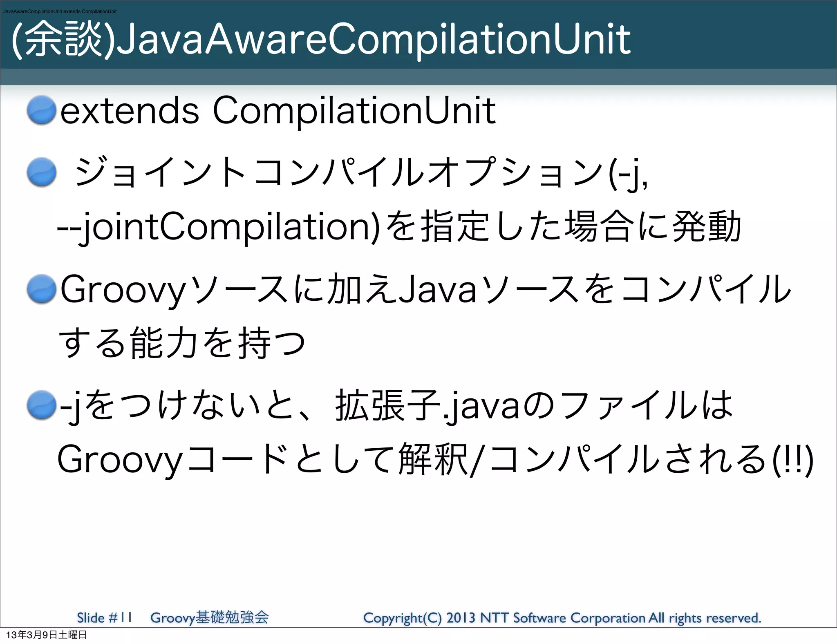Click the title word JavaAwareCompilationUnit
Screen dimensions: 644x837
[373, 40]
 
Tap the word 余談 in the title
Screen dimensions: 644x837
[63, 40]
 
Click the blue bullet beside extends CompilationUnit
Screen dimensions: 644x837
[41, 110]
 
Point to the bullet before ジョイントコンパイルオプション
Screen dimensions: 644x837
[41, 172]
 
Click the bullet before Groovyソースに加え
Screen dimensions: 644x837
[41, 289]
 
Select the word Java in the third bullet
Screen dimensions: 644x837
[438, 289]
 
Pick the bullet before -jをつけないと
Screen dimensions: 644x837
[41, 405]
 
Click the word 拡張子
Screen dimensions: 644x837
[387, 405]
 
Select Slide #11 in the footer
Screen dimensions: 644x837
[105, 617]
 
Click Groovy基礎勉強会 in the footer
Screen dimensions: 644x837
[209, 617]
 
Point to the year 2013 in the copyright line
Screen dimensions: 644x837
[461, 618]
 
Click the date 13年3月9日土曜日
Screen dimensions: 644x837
[46, 635]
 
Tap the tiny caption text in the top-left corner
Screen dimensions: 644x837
[60, 11]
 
